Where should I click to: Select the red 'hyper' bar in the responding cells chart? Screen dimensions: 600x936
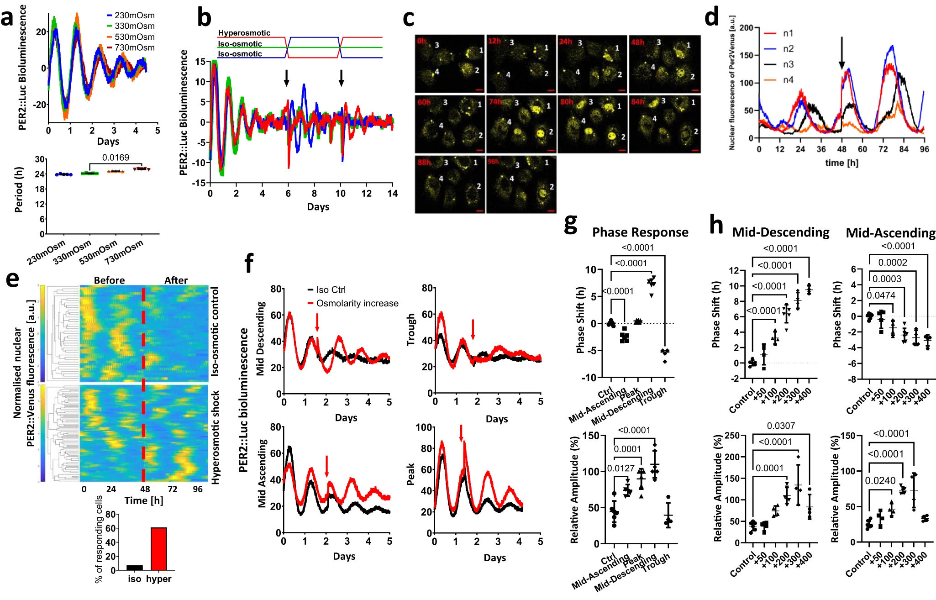tap(158, 549)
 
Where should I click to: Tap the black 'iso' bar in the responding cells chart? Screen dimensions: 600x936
tap(135, 568)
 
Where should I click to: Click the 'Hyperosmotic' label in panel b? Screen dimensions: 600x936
tap(244, 33)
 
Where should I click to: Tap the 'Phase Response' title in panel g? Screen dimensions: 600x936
tap(640, 232)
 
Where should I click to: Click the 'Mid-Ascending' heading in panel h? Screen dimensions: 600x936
tap(890, 233)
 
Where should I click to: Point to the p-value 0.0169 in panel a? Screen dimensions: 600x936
tap(116, 158)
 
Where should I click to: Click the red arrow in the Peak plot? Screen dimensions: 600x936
tap(461, 433)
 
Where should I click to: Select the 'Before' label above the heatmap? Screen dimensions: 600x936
tap(109, 280)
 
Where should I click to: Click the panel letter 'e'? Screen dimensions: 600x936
tap(12, 278)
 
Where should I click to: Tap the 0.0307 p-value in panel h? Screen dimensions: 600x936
tap(781, 426)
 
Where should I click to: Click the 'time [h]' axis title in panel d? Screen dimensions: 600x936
tap(841, 163)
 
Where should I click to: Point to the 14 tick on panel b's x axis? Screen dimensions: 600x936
tap(392, 194)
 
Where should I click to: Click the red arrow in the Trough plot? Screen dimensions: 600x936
tap(473, 329)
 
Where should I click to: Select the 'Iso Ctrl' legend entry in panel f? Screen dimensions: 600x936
tap(331, 290)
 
